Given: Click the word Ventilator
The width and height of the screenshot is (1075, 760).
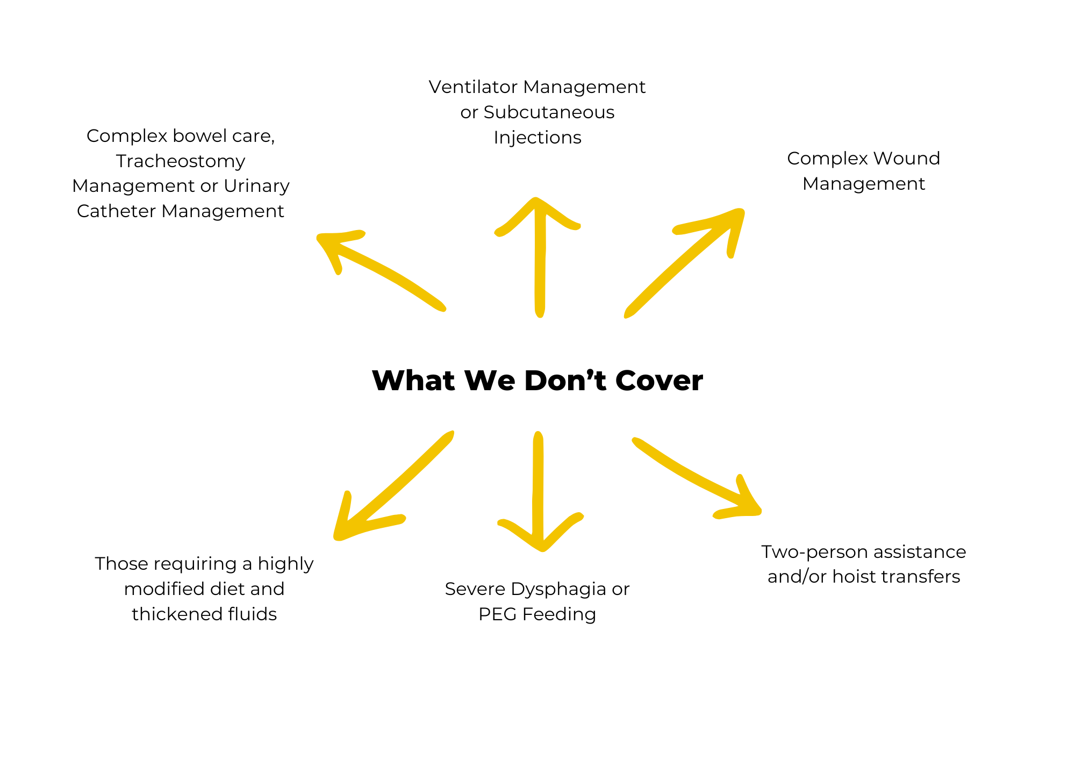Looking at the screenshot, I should (472, 87).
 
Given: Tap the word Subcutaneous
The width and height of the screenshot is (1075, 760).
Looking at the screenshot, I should (549, 112).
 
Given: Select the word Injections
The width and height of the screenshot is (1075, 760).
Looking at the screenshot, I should (537, 138).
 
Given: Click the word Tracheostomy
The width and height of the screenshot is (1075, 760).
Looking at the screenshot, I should (181, 161).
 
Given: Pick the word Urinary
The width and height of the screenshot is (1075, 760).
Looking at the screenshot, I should (256, 186).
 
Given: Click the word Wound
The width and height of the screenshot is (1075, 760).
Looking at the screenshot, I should (906, 159).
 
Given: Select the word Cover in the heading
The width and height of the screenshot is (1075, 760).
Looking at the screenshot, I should (659, 381).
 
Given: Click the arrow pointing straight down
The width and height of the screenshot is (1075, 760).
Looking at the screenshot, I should (539, 494).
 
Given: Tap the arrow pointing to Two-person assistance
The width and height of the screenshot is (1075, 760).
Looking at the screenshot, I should (699, 478).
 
